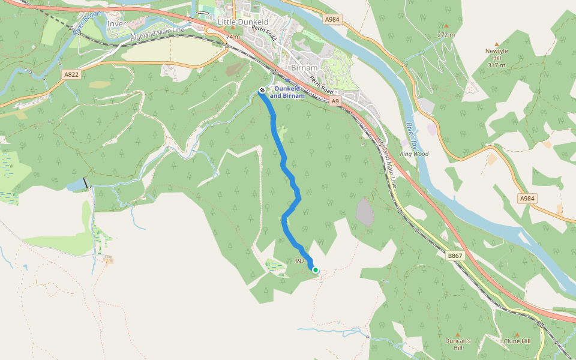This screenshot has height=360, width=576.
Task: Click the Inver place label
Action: pos(116,24)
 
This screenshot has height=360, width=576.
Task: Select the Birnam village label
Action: pos(304,68)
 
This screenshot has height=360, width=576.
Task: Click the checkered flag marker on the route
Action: pos(262,91)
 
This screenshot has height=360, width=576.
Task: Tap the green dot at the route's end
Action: pos(316,271)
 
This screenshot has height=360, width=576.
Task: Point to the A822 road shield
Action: pos(71,74)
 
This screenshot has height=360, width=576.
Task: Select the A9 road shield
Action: pos(335,101)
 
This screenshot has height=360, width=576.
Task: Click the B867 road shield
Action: pos(455,256)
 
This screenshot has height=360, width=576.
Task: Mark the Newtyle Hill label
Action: pos(497,58)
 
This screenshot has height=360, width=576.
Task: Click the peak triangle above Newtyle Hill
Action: pos(497,44)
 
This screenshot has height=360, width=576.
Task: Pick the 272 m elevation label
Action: pos(446,35)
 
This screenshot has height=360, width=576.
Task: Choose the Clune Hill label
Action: pos(517,341)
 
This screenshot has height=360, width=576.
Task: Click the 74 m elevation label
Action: pos(233,37)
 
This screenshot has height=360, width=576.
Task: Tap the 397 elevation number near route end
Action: pos(301,261)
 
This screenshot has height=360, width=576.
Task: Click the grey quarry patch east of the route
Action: pos(365,212)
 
